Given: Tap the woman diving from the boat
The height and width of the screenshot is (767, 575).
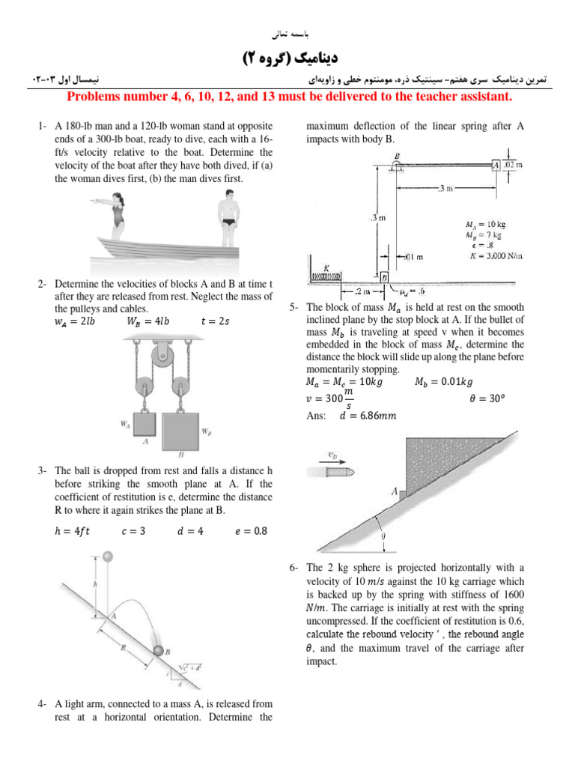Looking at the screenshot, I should (x=116, y=213).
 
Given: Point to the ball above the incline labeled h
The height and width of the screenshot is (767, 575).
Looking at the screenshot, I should (x=108, y=557).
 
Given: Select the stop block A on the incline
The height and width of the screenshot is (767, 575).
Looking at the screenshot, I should (x=404, y=493).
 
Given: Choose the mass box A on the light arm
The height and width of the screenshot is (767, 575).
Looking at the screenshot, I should (x=496, y=165).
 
